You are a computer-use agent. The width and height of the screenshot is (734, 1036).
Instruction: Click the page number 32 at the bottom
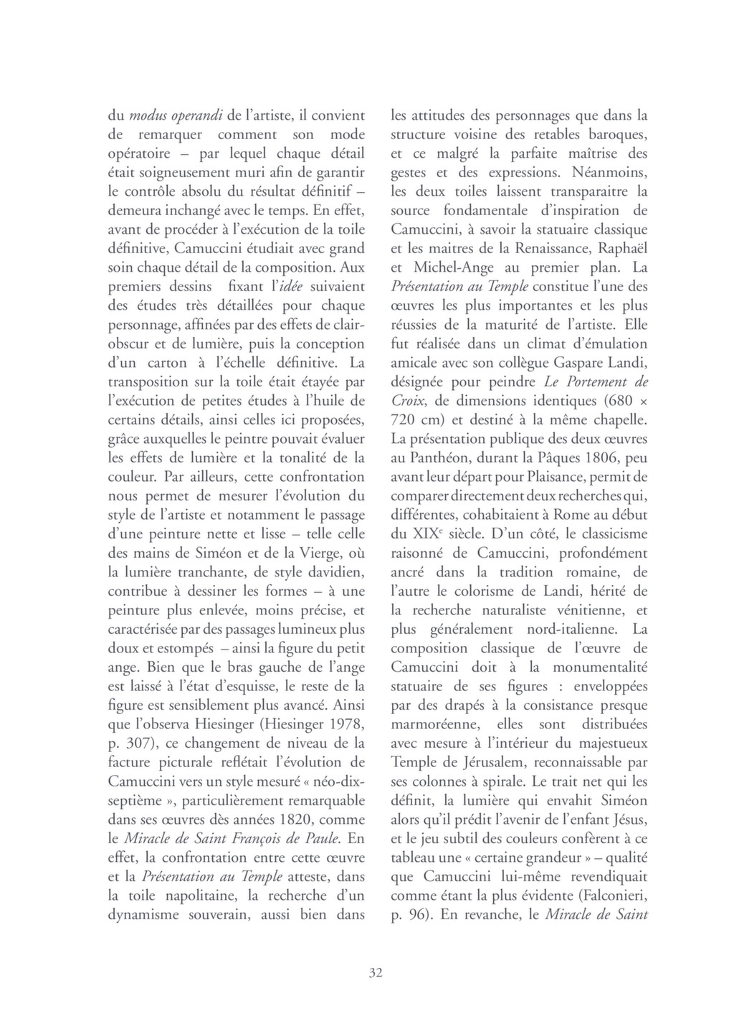pyautogui.click(x=376, y=973)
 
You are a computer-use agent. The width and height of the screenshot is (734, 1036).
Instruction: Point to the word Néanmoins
pyautogui.click(x=609, y=172)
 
